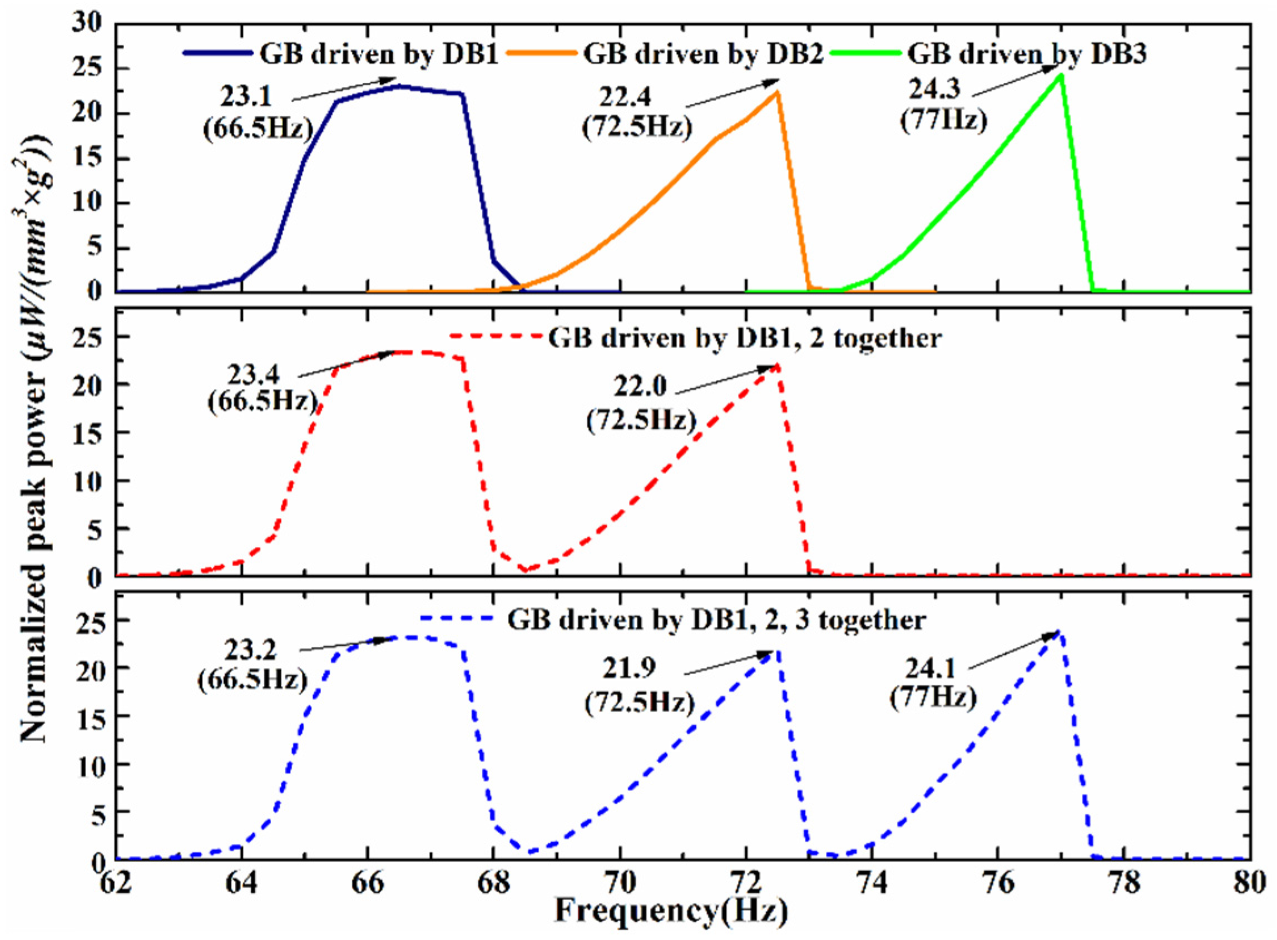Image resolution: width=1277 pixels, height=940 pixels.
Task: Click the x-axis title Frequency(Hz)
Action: [671, 913]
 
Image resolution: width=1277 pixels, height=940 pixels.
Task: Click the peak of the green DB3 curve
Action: [1061, 75]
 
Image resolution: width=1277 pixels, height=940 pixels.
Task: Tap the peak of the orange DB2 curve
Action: [777, 92]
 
